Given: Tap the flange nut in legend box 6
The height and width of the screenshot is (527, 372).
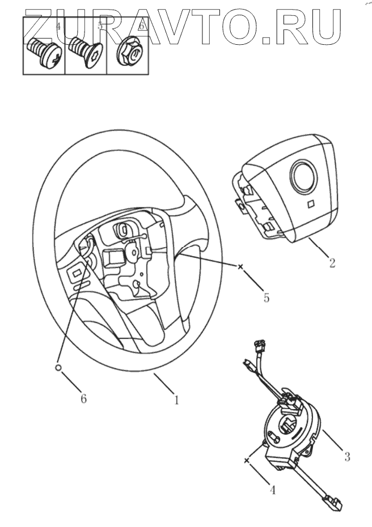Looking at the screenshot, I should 129,53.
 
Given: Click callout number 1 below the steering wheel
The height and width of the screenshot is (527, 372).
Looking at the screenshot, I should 176,400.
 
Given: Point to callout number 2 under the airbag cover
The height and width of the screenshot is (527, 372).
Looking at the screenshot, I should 332,262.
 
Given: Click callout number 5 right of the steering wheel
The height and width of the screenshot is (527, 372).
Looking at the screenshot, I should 266,297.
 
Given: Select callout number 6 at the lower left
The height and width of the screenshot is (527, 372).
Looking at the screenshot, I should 83,398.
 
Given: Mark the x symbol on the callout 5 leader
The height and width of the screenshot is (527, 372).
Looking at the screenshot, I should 240,266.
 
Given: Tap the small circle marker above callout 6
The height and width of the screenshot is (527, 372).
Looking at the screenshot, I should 58,367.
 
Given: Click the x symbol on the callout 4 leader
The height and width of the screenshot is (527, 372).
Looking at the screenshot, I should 247,461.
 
